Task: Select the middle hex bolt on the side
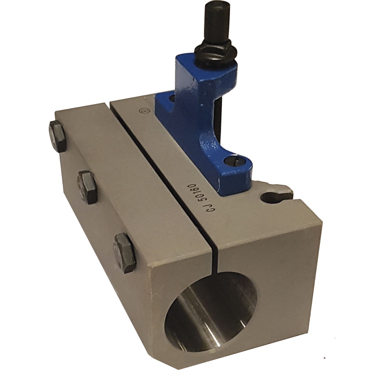click(x=88, y=187)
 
